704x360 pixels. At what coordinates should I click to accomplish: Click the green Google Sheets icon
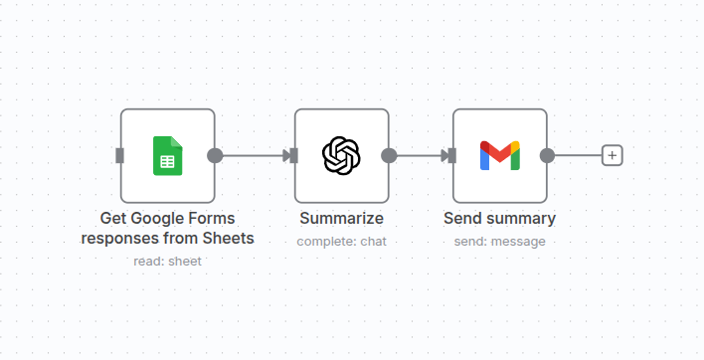point(167,155)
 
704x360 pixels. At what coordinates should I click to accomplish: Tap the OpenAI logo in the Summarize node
point(341,155)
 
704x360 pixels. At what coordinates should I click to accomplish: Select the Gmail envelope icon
point(499,155)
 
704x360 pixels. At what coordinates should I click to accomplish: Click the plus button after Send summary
point(613,155)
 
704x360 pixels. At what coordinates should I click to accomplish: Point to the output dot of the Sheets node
point(215,155)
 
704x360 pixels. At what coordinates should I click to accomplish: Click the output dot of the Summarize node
point(389,155)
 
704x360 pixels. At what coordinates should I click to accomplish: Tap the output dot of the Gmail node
point(547,155)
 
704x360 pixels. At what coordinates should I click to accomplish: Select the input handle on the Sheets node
point(120,155)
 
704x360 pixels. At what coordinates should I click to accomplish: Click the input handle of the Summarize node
point(295,155)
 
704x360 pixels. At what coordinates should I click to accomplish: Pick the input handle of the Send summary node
point(453,155)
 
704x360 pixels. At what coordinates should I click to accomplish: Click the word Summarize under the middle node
point(341,219)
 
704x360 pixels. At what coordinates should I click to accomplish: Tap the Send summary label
point(499,219)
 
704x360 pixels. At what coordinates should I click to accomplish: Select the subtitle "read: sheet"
point(167,261)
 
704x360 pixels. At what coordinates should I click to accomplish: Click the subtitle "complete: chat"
point(341,241)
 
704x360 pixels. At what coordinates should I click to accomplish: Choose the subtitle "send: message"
point(499,241)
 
